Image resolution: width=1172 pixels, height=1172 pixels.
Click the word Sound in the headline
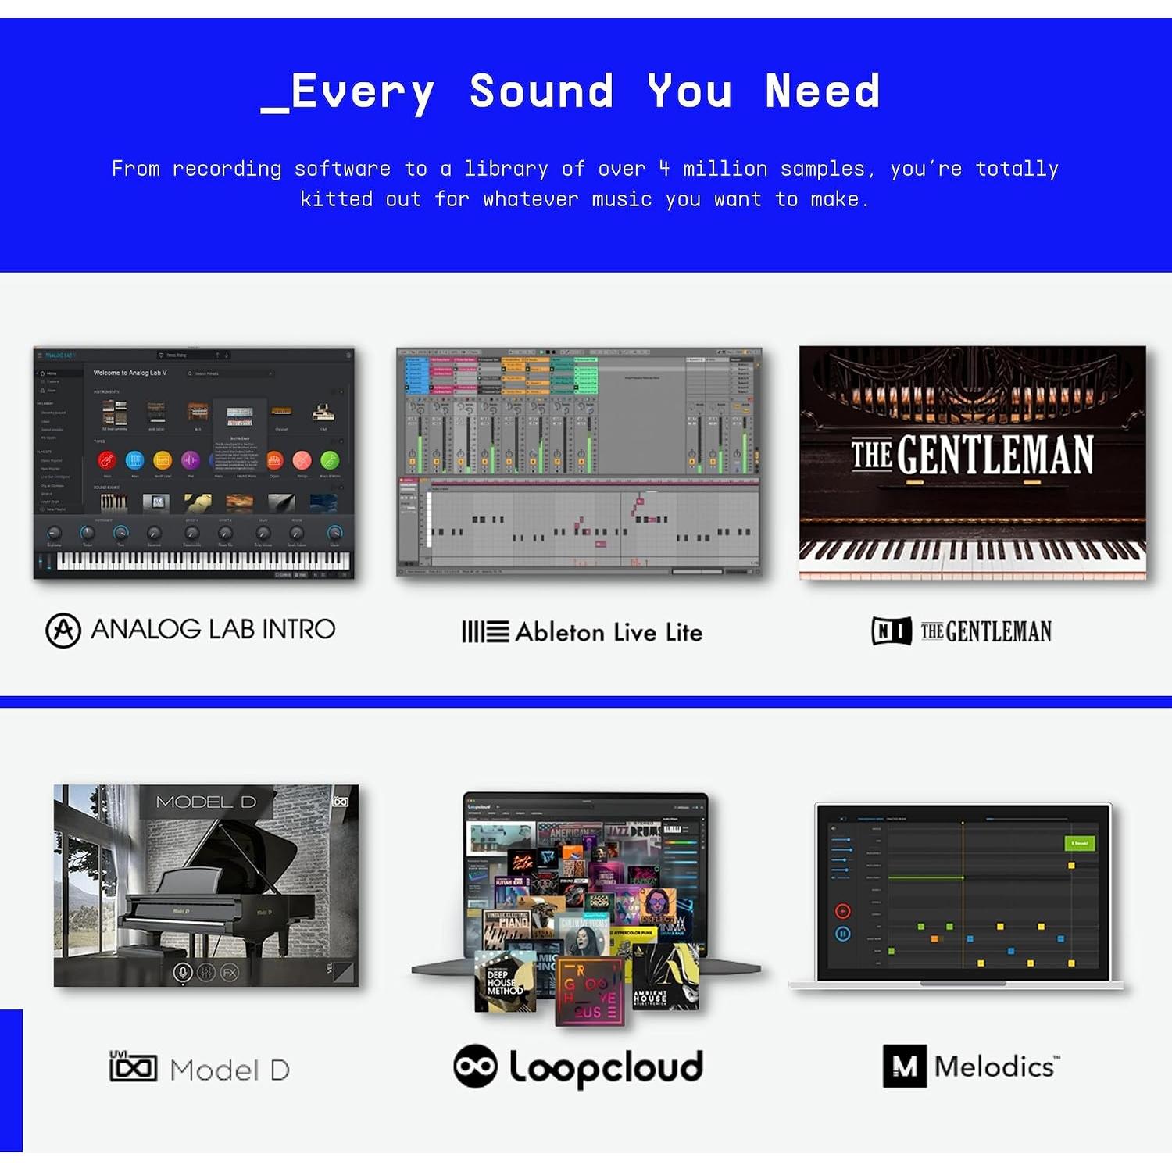pos(541,91)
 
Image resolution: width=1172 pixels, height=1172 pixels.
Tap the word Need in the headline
pos(822,91)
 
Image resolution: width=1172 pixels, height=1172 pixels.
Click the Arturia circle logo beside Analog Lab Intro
pos(63,630)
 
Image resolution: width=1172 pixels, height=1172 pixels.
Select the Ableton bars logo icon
pos(484,631)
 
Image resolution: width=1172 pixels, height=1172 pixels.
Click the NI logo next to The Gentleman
pos(891,631)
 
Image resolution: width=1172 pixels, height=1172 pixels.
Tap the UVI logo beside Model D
pos(133,1067)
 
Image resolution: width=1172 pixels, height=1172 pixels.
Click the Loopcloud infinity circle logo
pos(475,1066)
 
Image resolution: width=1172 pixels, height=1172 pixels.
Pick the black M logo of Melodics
pos(904,1066)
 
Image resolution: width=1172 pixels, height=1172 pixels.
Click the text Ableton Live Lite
pos(609,632)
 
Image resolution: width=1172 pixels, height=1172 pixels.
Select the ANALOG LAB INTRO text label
pos(213,629)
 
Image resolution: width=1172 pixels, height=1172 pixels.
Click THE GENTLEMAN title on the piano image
pos(972,455)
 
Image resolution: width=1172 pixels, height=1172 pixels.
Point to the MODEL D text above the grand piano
pos(205,802)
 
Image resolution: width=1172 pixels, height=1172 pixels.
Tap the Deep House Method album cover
pos(505,983)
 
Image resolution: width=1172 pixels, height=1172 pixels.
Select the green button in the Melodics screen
pos(1080,843)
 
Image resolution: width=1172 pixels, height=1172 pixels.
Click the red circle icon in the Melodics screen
pos(842,910)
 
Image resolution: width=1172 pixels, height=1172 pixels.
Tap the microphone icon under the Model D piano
pos(183,973)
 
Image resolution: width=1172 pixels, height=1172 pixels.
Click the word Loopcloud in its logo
pos(606,1067)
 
